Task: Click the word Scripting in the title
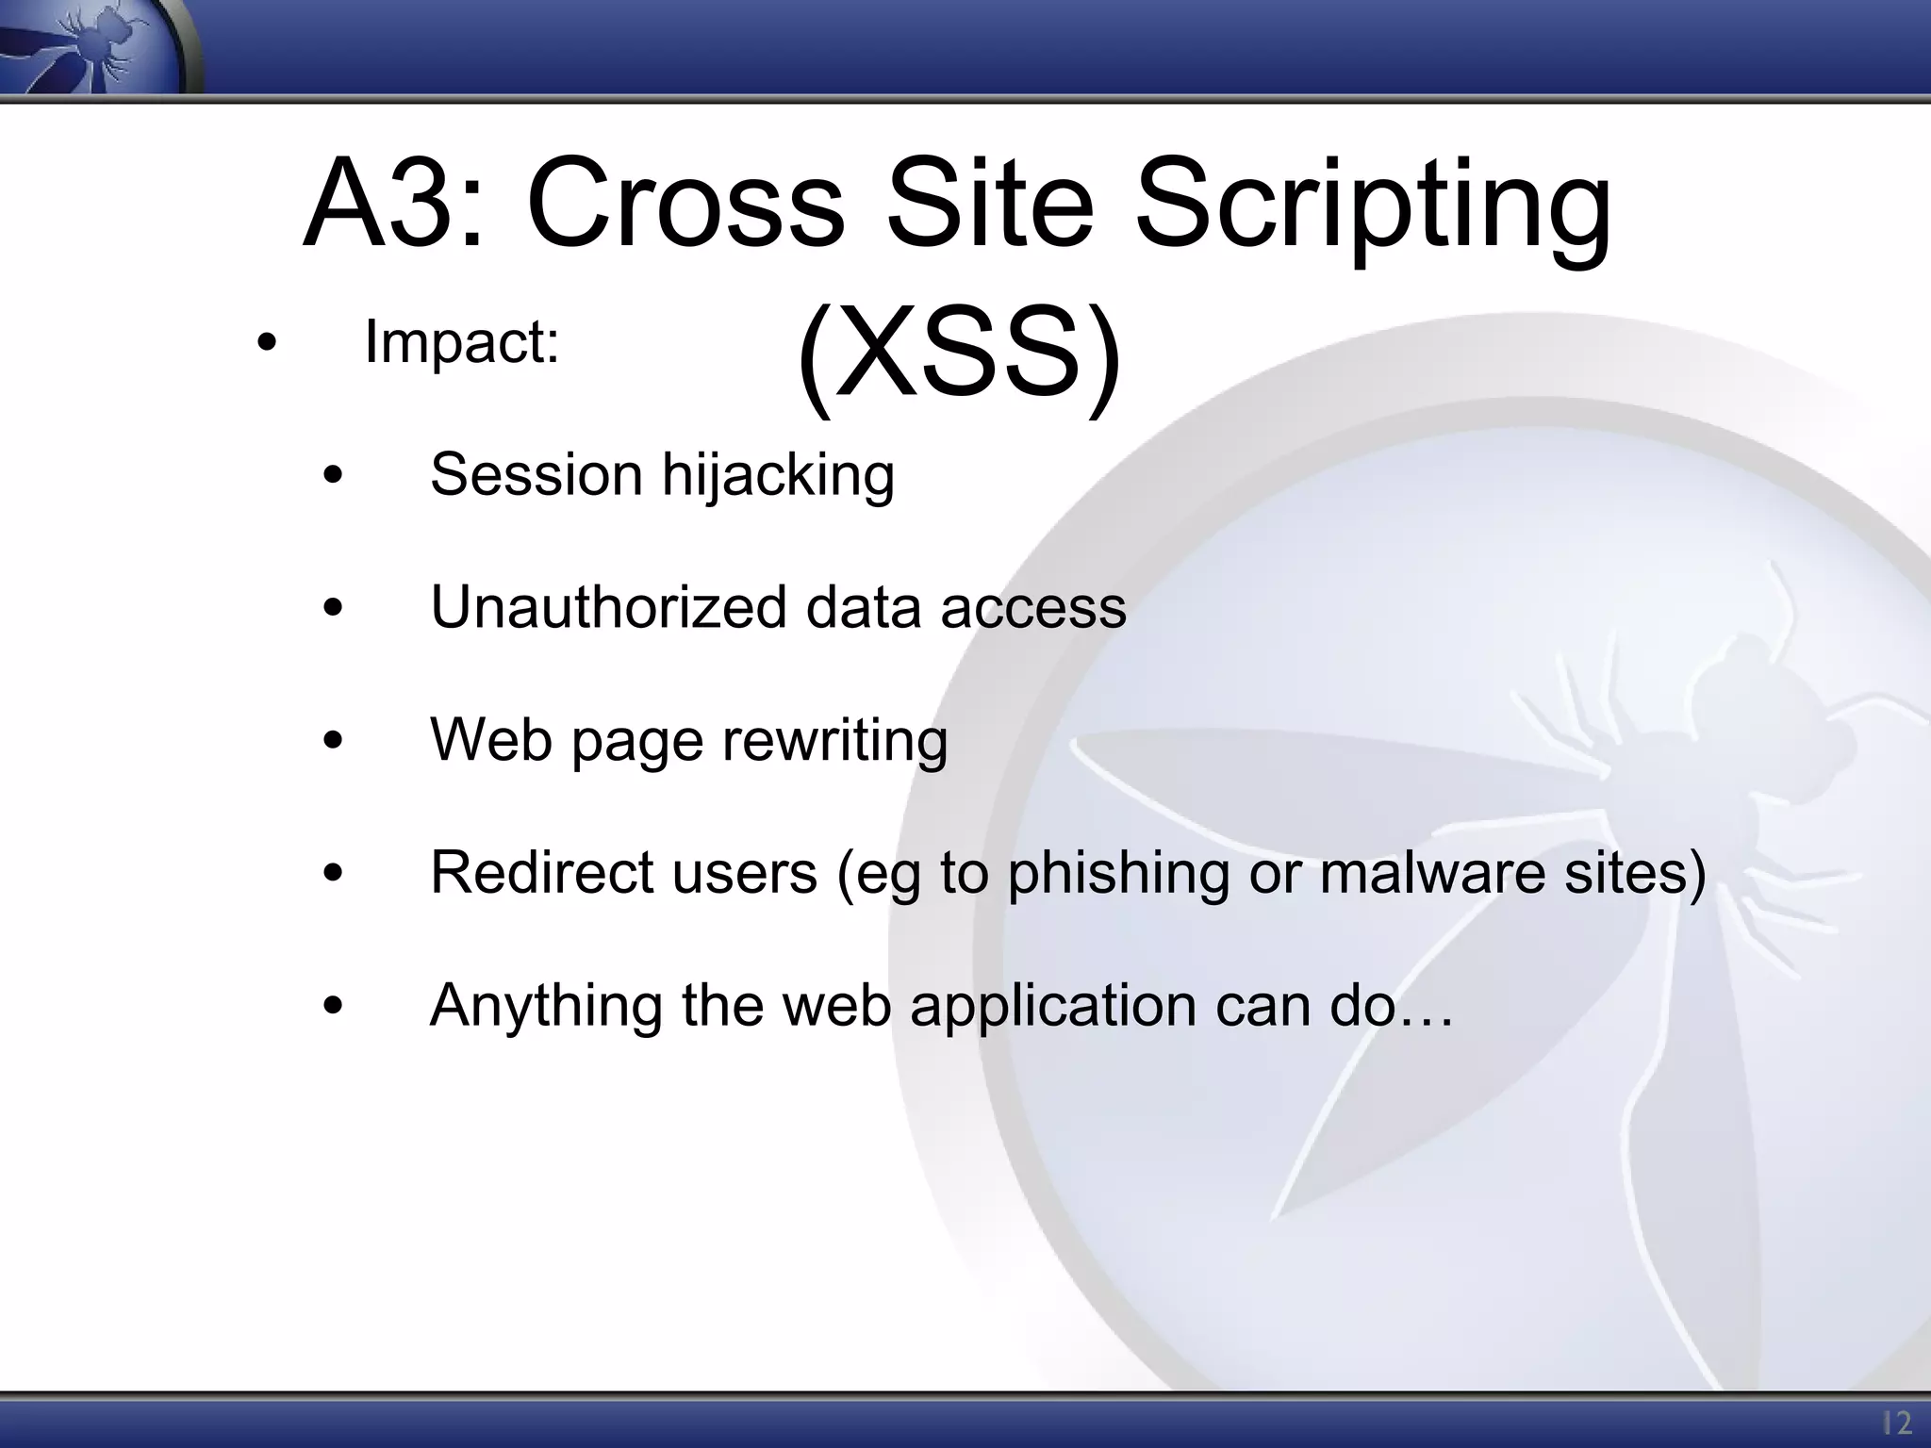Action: point(1372,209)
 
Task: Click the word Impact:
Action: point(462,341)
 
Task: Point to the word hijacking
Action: point(778,474)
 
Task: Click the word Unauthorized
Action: point(607,606)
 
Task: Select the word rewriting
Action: point(834,740)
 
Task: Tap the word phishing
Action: point(1118,873)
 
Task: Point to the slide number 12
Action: point(1896,1422)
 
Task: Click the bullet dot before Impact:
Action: point(267,343)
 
